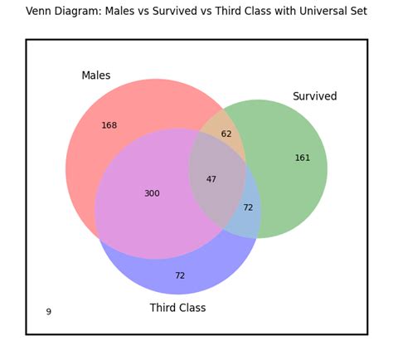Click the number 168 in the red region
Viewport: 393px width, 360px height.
point(109,126)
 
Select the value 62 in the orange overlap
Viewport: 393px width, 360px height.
point(226,134)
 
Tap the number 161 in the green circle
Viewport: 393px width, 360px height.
point(303,158)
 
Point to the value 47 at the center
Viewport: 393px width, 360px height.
point(211,180)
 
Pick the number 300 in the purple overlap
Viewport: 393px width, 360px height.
point(152,194)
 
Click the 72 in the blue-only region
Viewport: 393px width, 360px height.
point(180,276)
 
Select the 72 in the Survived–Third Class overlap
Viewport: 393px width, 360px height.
point(248,208)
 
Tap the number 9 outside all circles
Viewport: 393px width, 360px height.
point(48,313)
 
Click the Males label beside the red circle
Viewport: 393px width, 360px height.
point(95,76)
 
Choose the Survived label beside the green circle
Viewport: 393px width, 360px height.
point(315,97)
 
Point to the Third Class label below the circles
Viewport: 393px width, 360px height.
point(177,309)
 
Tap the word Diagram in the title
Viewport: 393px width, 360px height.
point(80,12)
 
